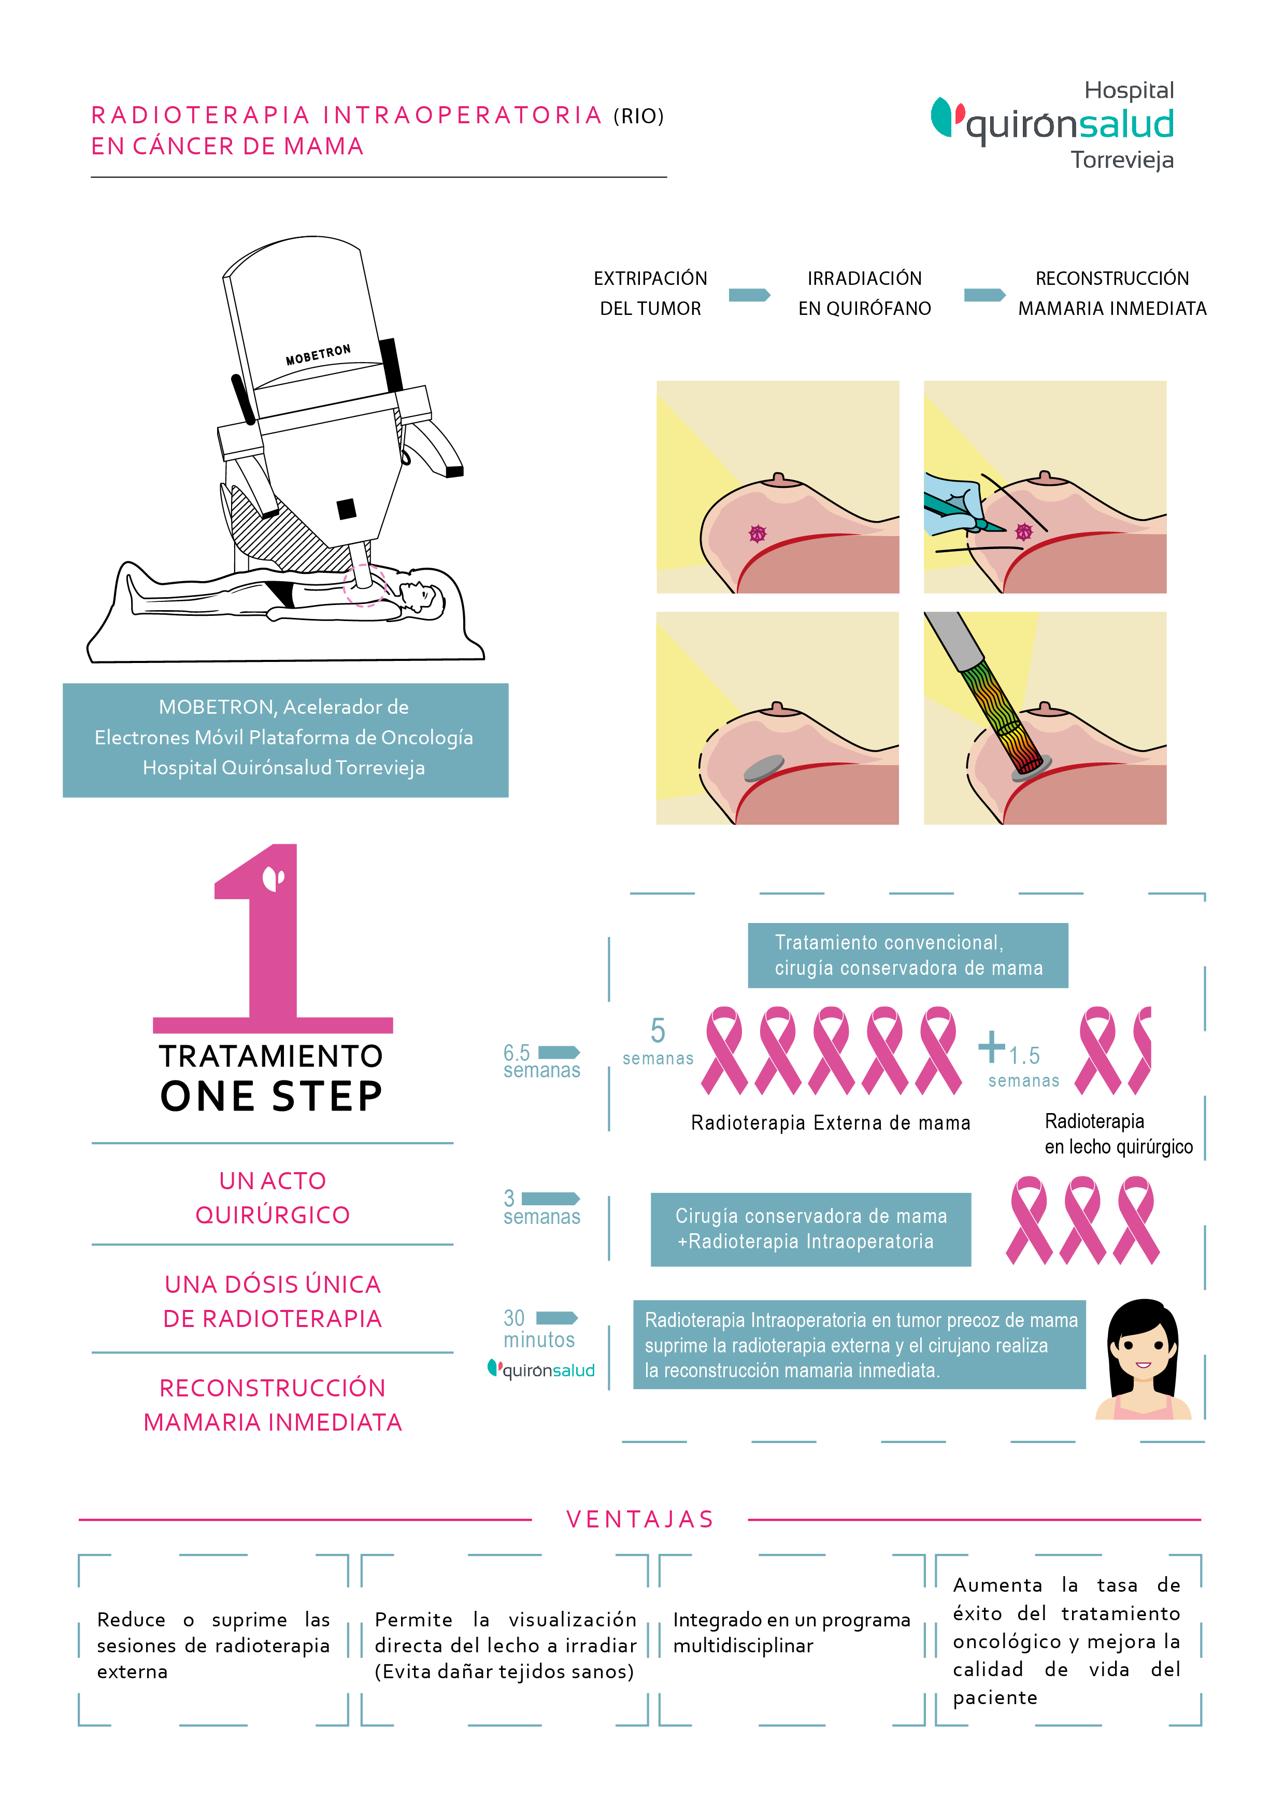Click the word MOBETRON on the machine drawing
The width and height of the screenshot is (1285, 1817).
coord(318,354)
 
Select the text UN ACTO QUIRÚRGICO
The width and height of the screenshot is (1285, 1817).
coord(273,1198)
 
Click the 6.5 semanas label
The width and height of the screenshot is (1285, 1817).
coord(541,1061)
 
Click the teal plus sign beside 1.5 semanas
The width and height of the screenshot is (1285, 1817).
coord(991,1046)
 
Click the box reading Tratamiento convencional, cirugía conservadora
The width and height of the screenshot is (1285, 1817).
coord(907,955)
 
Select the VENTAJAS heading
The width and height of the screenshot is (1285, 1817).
coord(640,1520)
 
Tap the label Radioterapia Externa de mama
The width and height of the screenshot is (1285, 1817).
coord(830,1123)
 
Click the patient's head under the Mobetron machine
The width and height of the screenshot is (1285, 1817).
coord(420,594)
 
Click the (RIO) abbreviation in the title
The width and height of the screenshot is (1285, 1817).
coord(638,117)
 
